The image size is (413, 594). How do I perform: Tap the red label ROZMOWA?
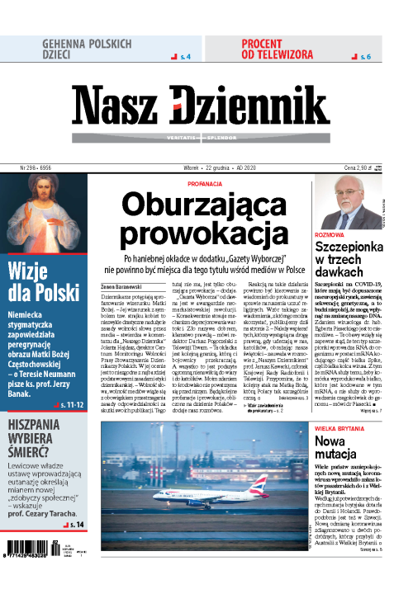(x=330, y=235)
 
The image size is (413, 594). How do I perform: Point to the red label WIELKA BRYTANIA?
(x=341, y=429)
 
